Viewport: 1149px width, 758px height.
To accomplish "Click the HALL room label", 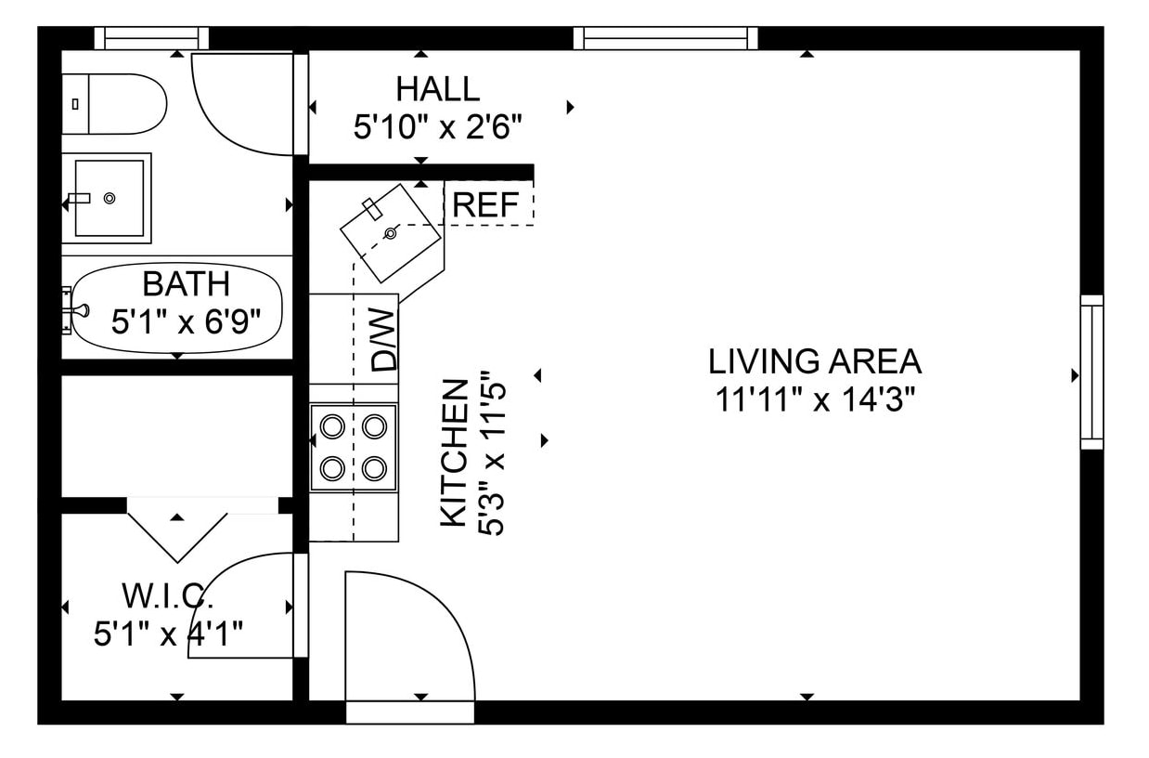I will [x=438, y=89].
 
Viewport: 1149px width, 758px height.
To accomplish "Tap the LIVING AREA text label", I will [x=814, y=360].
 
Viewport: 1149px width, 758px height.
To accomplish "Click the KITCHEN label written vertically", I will [x=454, y=452].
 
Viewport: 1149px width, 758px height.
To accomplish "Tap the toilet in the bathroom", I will [x=116, y=103].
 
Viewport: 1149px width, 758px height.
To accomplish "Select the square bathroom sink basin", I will [x=109, y=198].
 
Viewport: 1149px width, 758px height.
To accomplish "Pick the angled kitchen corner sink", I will [x=390, y=232].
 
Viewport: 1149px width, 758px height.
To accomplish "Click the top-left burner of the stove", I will [x=332, y=426].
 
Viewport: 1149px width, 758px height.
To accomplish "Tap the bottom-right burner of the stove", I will [x=374, y=466].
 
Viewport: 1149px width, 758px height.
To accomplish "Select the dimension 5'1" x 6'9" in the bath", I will [x=185, y=322].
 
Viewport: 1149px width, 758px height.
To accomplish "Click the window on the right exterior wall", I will [x=1091, y=372].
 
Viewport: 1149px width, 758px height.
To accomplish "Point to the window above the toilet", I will [x=152, y=38].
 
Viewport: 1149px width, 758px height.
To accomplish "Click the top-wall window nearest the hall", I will [x=665, y=38].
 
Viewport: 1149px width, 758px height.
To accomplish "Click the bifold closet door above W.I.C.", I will [x=177, y=531].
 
